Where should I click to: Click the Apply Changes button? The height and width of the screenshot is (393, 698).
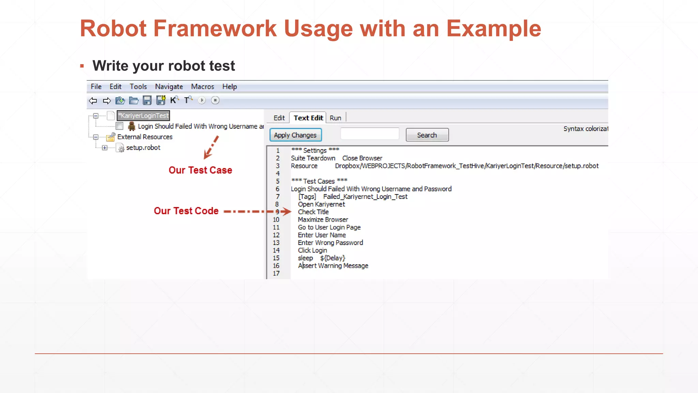coord(295,135)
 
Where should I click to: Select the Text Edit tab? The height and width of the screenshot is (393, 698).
coord(308,118)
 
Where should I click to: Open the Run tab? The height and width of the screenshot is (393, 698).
coord(335,118)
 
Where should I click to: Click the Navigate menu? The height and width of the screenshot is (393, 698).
coord(169,87)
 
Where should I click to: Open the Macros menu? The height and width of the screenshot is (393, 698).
coord(202,87)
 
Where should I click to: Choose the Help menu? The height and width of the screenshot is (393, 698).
coord(229,87)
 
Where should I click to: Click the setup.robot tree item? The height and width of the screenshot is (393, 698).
coord(143,148)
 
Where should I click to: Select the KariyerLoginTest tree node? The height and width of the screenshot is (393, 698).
coord(143,116)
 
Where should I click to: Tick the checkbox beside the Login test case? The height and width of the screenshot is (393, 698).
coord(120,126)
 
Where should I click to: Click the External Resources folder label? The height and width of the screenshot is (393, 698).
coord(145,137)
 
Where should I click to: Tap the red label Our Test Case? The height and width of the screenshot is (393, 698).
coord(200,170)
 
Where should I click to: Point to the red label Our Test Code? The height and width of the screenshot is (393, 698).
coord(186,211)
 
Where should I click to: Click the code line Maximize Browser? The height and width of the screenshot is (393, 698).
coord(323,220)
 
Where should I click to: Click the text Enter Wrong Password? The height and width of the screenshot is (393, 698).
coord(330,243)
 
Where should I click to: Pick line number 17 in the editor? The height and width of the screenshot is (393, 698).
coord(276,274)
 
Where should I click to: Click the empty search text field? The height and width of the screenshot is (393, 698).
coord(369,134)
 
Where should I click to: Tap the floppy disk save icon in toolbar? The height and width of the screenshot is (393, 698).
coord(147,100)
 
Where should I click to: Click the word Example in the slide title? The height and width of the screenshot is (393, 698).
coord(494,29)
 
